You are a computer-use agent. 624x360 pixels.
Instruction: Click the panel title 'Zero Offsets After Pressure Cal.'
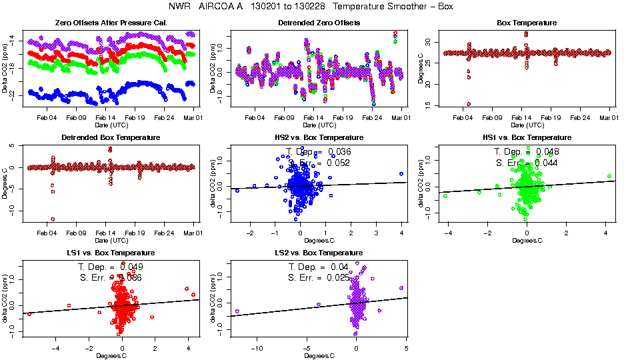click(x=111, y=23)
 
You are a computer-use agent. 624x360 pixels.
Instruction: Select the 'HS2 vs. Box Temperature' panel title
click(x=319, y=138)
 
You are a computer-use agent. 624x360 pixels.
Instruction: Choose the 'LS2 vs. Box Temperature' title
click(x=319, y=253)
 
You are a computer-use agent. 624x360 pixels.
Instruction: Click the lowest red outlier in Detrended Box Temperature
click(x=53, y=219)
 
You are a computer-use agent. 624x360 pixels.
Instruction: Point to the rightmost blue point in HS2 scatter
click(x=401, y=173)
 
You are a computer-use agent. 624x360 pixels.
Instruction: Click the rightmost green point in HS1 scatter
click(x=609, y=176)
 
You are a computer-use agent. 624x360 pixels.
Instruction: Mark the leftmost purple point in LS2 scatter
click(x=237, y=311)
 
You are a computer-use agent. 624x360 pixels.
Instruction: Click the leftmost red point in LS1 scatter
click(x=29, y=313)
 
